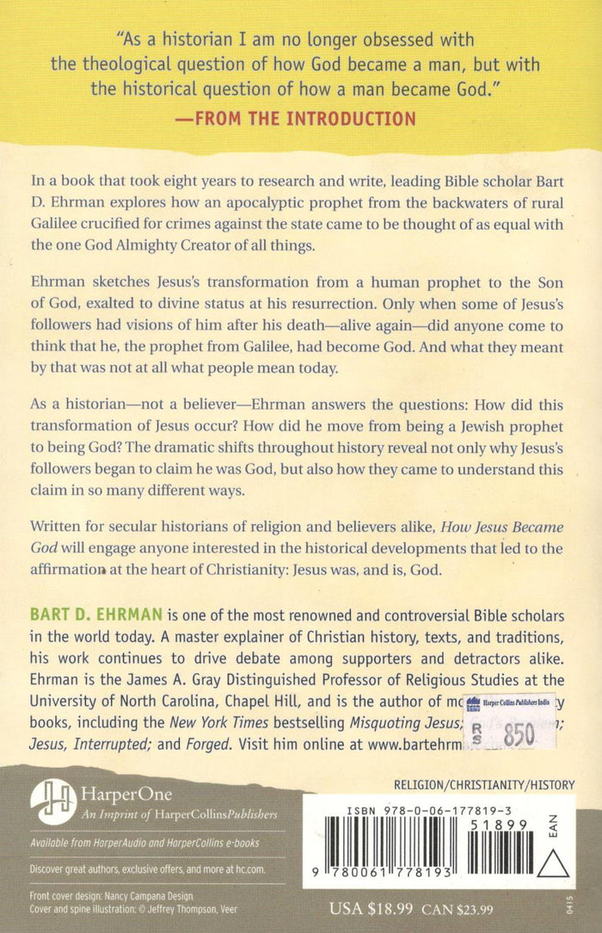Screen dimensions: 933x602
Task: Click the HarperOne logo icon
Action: pyautogui.click(x=53, y=800)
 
